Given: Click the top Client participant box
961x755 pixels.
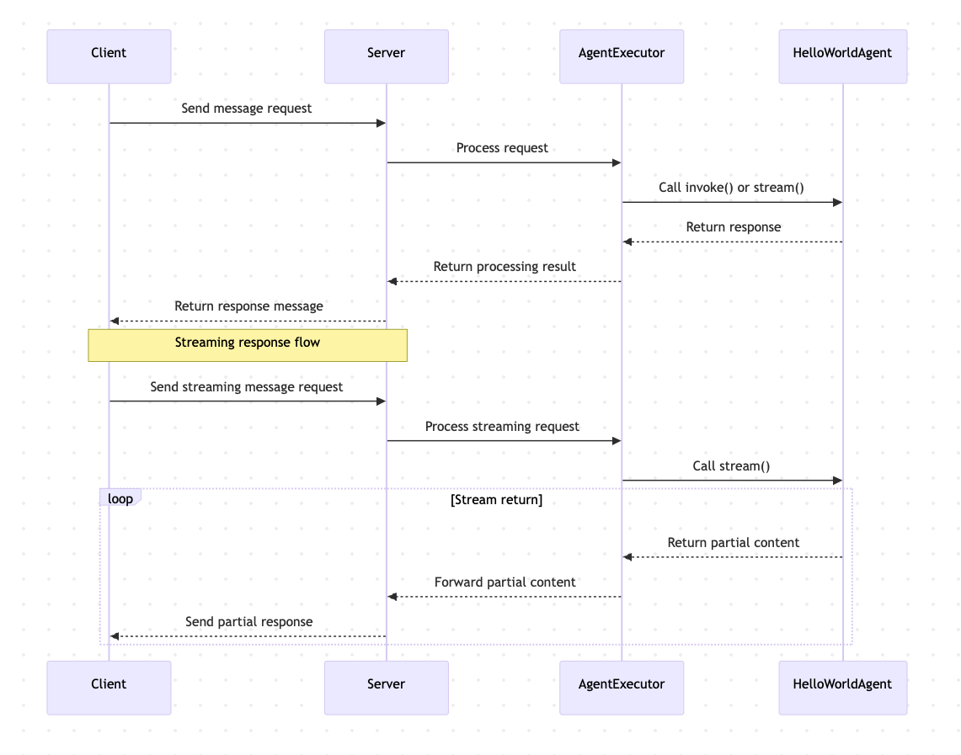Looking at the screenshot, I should click(109, 56).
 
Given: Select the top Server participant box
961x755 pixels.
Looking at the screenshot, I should click(386, 56).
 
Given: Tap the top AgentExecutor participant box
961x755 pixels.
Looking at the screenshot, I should click(622, 56).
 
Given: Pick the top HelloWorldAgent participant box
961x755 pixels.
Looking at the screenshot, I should click(842, 56).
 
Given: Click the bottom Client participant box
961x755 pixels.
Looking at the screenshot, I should click(109, 688).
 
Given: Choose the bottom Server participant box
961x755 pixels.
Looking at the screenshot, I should click(386, 688).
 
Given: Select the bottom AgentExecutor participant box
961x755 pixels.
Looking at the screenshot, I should click(622, 688).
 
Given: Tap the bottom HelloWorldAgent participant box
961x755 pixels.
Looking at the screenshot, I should click(842, 688).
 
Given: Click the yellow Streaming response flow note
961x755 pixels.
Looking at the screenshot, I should click(248, 345).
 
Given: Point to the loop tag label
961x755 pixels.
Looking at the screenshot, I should click(120, 498).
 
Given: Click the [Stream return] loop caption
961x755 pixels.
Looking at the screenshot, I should click(496, 500).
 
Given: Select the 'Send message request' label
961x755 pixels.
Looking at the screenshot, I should click(247, 109).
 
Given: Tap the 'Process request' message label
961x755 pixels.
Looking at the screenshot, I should click(502, 148).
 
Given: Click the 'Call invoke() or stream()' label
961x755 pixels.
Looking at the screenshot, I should click(731, 188).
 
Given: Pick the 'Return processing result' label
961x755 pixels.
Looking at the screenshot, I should click(505, 267).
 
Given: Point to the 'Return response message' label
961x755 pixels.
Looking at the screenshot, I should click(248, 306).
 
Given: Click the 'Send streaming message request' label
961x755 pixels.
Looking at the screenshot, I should click(247, 387).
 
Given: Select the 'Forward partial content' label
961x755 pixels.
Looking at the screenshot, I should click(505, 582).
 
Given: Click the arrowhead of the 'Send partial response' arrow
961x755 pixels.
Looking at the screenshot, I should click(115, 636).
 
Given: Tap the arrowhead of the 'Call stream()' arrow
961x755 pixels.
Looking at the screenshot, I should click(837, 481).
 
